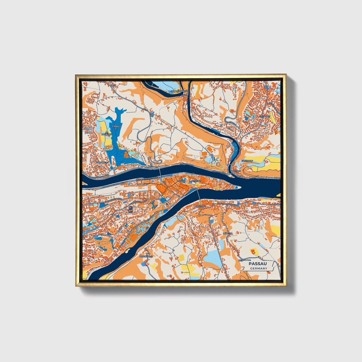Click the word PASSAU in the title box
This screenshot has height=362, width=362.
[x=258, y=264]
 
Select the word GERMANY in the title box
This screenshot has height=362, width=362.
[x=258, y=269]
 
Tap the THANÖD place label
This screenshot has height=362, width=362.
[x=117, y=126]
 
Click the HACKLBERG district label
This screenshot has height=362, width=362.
[x=102, y=162]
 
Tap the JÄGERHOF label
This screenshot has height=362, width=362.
[x=247, y=161]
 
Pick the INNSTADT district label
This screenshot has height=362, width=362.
[x=200, y=206]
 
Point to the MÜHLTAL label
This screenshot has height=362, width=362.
[x=228, y=233]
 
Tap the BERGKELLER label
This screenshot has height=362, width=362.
[x=146, y=257]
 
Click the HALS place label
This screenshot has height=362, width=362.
[x=185, y=95]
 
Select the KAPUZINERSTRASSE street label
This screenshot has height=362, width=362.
[x=226, y=204]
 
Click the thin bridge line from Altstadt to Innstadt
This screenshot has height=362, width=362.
[x=198, y=194]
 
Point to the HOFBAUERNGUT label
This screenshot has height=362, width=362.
[x=179, y=91]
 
